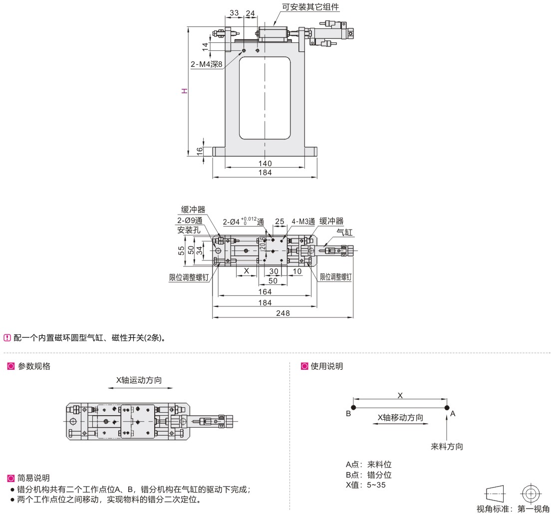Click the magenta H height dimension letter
[x=184, y=91]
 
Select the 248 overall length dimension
[x=283, y=313]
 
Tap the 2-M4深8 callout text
[x=207, y=64]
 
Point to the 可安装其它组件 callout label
[x=310, y=6]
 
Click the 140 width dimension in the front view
[x=265, y=163]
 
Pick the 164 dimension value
[x=265, y=291]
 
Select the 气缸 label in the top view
[x=344, y=232]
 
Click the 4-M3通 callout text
[x=303, y=222]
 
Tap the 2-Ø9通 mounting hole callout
[x=190, y=221]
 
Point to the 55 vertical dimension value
[x=181, y=251]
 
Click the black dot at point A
[x=447, y=407]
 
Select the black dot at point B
[x=353, y=407]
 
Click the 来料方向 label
[x=447, y=447]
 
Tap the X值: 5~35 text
[x=366, y=485]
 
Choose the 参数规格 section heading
[x=34, y=366]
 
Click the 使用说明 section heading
[x=327, y=366]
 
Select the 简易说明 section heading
[x=33, y=479]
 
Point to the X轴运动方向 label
[x=139, y=380]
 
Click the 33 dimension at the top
[x=234, y=12]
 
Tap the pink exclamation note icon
[x=7, y=338]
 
